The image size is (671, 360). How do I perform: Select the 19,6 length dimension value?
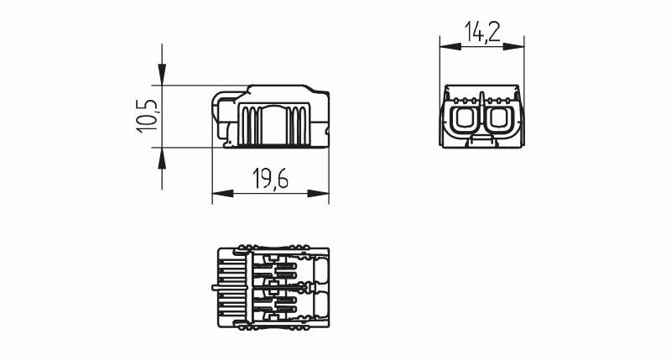click(269, 180)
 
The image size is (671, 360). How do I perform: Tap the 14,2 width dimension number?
click(482, 33)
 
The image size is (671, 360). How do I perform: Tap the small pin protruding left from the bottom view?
click(214, 290)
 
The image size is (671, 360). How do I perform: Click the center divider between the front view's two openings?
click(482, 113)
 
